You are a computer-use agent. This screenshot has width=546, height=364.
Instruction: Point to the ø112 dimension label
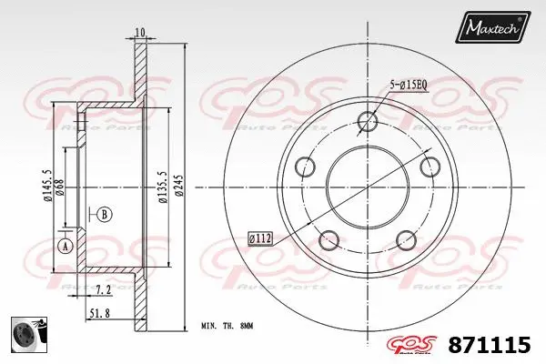click(x=260, y=239)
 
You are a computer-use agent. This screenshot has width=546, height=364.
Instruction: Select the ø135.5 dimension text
click(x=161, y=188)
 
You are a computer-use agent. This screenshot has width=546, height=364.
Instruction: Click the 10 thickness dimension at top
click(x=139, y=33)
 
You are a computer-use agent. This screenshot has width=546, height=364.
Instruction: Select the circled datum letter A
click(x=65, y=246)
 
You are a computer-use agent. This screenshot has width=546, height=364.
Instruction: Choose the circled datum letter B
click(x=105, y=215)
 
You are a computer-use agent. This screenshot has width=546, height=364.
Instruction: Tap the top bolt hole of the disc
click(x=367, y=121)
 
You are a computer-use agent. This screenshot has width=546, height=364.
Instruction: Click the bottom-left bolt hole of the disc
click(x=329, y=241)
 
